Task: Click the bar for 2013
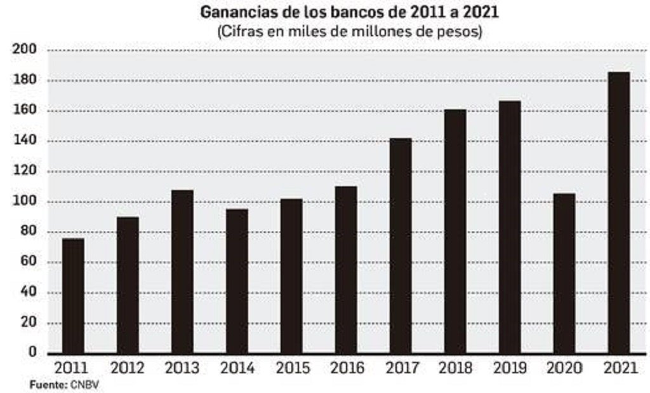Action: (182, 272)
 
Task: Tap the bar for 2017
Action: (401, 245)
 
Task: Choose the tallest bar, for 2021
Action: (619, 212)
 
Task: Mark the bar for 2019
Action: (510, 227)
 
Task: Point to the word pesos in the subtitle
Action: (462, 31)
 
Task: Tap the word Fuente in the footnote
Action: (48, 384)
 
